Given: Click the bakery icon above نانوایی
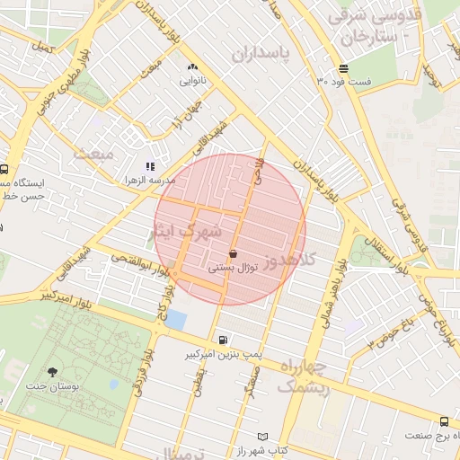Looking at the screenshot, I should click(192, 67).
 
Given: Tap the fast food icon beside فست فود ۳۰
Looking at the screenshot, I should click(344, 68).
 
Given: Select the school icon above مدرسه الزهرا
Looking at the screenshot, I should click(150, 166).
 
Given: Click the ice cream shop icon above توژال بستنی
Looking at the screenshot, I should click(234, 253).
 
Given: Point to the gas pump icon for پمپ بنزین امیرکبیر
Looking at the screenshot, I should click(222, 341).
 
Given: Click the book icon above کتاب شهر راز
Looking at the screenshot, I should click(261, 436).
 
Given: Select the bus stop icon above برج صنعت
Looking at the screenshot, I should click(444, 421).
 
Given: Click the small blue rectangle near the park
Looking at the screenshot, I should click(177, 319).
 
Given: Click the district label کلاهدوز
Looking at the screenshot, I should click(310, 259).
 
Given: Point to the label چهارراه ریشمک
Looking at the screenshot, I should click(304, 376).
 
